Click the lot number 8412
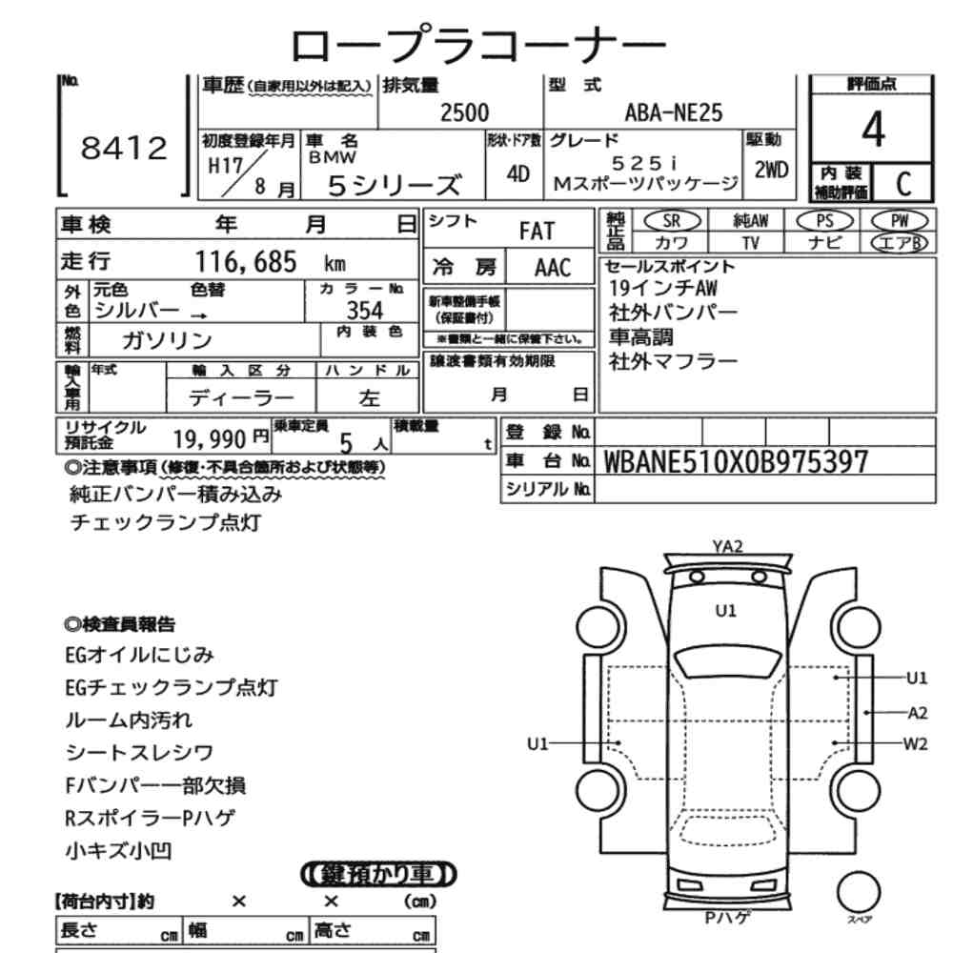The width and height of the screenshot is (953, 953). [124, 149]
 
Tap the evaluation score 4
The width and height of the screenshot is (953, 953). [873, 129]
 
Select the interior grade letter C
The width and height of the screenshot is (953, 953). [903, 183]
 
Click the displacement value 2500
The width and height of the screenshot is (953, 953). [464, 113]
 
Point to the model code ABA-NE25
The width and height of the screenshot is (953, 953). [674, 113]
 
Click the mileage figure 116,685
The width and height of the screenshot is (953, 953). [246, 262]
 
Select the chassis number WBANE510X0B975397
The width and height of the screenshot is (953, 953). [736, 462]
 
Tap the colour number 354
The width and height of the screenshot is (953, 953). [365, 311]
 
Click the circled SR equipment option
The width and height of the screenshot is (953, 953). [672, 221]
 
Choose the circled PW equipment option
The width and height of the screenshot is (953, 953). [900, 221]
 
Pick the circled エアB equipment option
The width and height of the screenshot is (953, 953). [900, 242]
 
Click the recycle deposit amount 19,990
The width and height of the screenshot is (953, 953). [210, 438]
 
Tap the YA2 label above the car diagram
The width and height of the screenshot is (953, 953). [727, 546]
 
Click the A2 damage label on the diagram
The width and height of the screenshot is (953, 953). [917, 713]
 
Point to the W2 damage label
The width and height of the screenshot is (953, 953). [915, 744]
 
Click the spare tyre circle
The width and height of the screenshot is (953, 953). [859, 893]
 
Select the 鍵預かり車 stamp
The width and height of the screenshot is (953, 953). [378, 875]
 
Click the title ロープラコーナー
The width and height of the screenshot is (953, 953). [478, 44]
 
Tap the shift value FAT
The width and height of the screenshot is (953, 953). [537, 232]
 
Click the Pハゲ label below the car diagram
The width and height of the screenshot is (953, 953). [727, 918]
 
